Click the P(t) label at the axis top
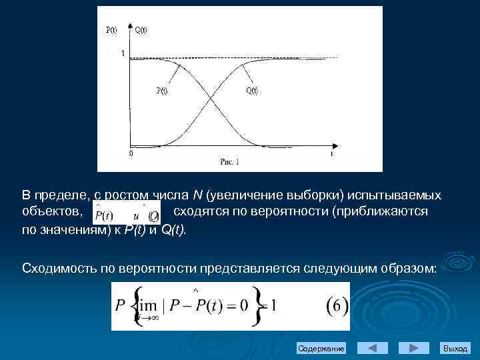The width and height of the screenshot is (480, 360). click(x=112, y=29)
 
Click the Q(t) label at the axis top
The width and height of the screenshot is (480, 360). click(x=141, y=29)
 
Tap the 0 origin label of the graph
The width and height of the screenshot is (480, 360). click(x=131, y=153)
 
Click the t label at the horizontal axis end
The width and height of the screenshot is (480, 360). click(x=331, y=153)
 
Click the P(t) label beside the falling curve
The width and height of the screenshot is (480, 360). click(x=161, y=91)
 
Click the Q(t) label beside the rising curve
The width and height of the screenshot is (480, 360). click(x=252, y=91)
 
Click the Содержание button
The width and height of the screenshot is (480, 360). click(x=321, y=349)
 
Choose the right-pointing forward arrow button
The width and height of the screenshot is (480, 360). click(x=413, y=348)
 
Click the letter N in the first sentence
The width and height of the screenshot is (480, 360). click(x=197, y=195)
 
